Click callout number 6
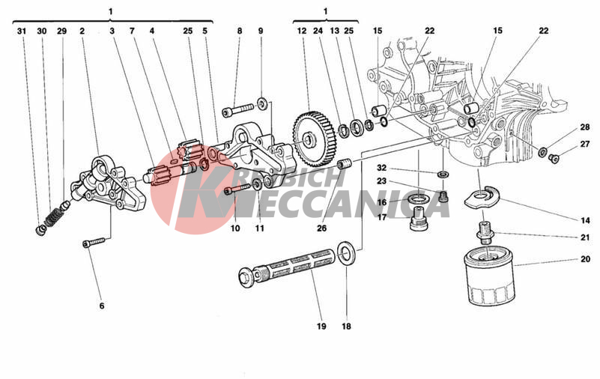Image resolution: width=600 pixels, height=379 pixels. pyautogui.click(x=102, y=306)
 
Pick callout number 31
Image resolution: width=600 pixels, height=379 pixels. pyautogui.click(x=22, y=31)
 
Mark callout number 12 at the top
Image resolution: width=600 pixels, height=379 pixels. pyautogui.click(x=302, y=31)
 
